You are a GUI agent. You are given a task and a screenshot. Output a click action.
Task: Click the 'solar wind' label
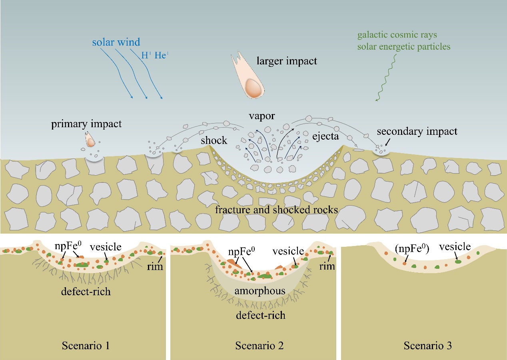[116, 42]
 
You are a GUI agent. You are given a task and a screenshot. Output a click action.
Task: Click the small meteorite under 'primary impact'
[91, 140]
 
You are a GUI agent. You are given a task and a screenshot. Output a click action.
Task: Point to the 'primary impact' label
[86, 124]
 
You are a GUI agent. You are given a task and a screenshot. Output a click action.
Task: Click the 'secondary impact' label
[417, 131]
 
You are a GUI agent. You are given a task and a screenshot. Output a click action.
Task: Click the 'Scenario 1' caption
[86, 346]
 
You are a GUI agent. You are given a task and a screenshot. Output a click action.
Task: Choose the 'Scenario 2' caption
[259, 346]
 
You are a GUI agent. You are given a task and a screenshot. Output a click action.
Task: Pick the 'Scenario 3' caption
[427, 346]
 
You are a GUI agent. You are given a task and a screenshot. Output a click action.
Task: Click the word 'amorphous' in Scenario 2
[260, 291]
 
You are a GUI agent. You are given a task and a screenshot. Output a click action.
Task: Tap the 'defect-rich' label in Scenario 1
[86, 291]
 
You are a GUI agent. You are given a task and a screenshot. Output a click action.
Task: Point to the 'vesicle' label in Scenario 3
[455, 247]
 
